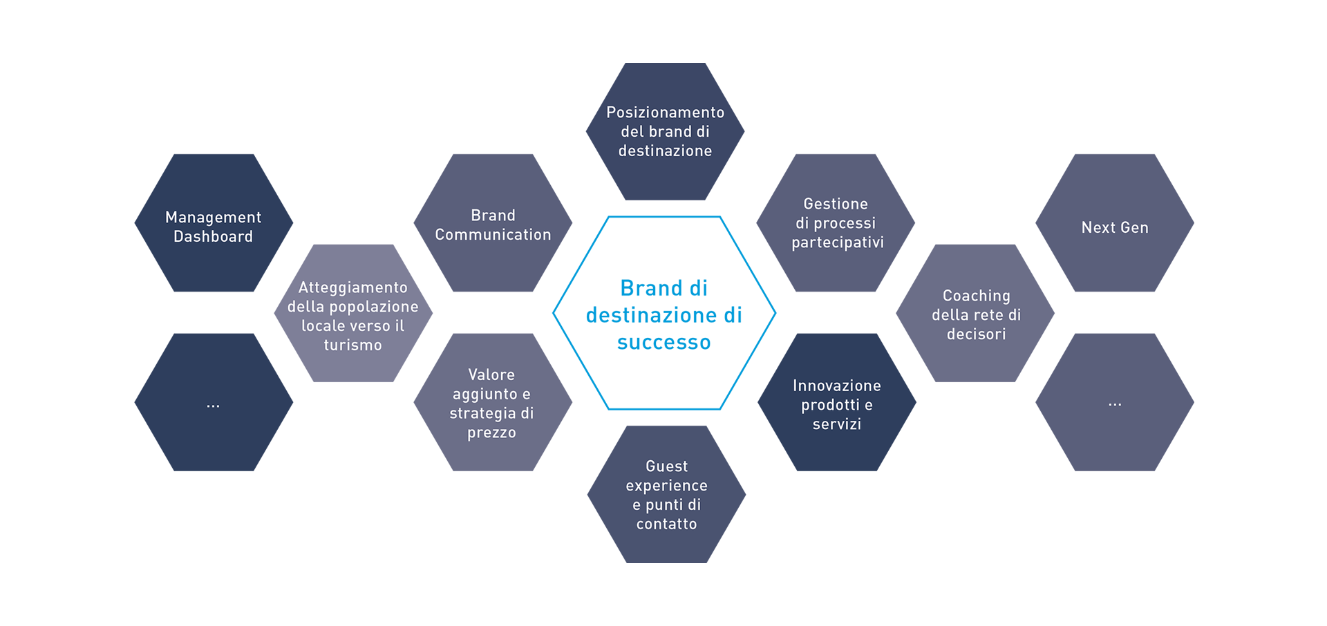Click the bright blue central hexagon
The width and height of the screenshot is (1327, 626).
(664, 312)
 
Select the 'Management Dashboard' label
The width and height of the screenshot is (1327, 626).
(213, 227)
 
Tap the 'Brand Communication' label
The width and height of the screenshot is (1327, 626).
(493, 225)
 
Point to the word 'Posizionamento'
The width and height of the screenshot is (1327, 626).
(665, 113)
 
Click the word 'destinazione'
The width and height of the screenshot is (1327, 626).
(665, 151)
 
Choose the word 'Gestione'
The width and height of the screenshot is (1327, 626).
(836, 204)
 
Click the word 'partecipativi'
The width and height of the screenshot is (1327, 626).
(838, 243)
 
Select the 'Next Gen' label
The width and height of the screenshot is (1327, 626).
(1114, 228)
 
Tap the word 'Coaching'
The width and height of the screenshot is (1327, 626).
(976, 296)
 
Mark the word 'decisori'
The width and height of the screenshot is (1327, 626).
(976, 334)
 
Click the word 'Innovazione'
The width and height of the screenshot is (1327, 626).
(836, 386)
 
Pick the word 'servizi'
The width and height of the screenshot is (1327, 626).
(836, 424)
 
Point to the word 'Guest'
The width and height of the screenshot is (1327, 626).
(666, 466)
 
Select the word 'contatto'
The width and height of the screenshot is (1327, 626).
(666, 524)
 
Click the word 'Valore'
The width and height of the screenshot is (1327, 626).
(491, 374)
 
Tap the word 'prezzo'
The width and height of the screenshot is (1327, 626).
(491, 433)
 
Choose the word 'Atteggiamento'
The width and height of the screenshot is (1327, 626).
(352, 287)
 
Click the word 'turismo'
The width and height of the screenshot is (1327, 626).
(352, 345)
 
